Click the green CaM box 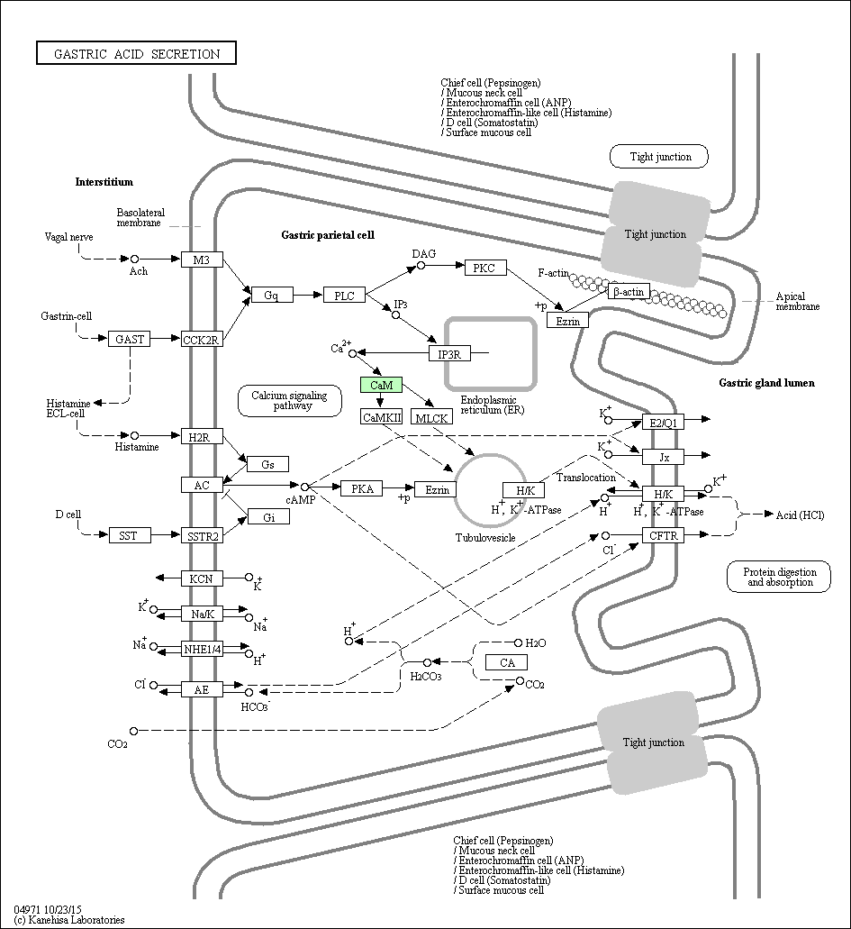381,385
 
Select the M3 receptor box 202,260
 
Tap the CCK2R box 202,340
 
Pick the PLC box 344,295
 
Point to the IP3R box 449,354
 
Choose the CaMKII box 381,417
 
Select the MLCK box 431,418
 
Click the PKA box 362,488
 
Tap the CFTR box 664,535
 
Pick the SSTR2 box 202,536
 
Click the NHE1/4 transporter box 202,650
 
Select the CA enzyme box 506,662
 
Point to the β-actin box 629,292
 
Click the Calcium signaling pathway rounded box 290,400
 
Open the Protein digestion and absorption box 779,577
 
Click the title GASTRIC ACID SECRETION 136,53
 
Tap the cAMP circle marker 305,487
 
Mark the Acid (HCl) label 800,515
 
